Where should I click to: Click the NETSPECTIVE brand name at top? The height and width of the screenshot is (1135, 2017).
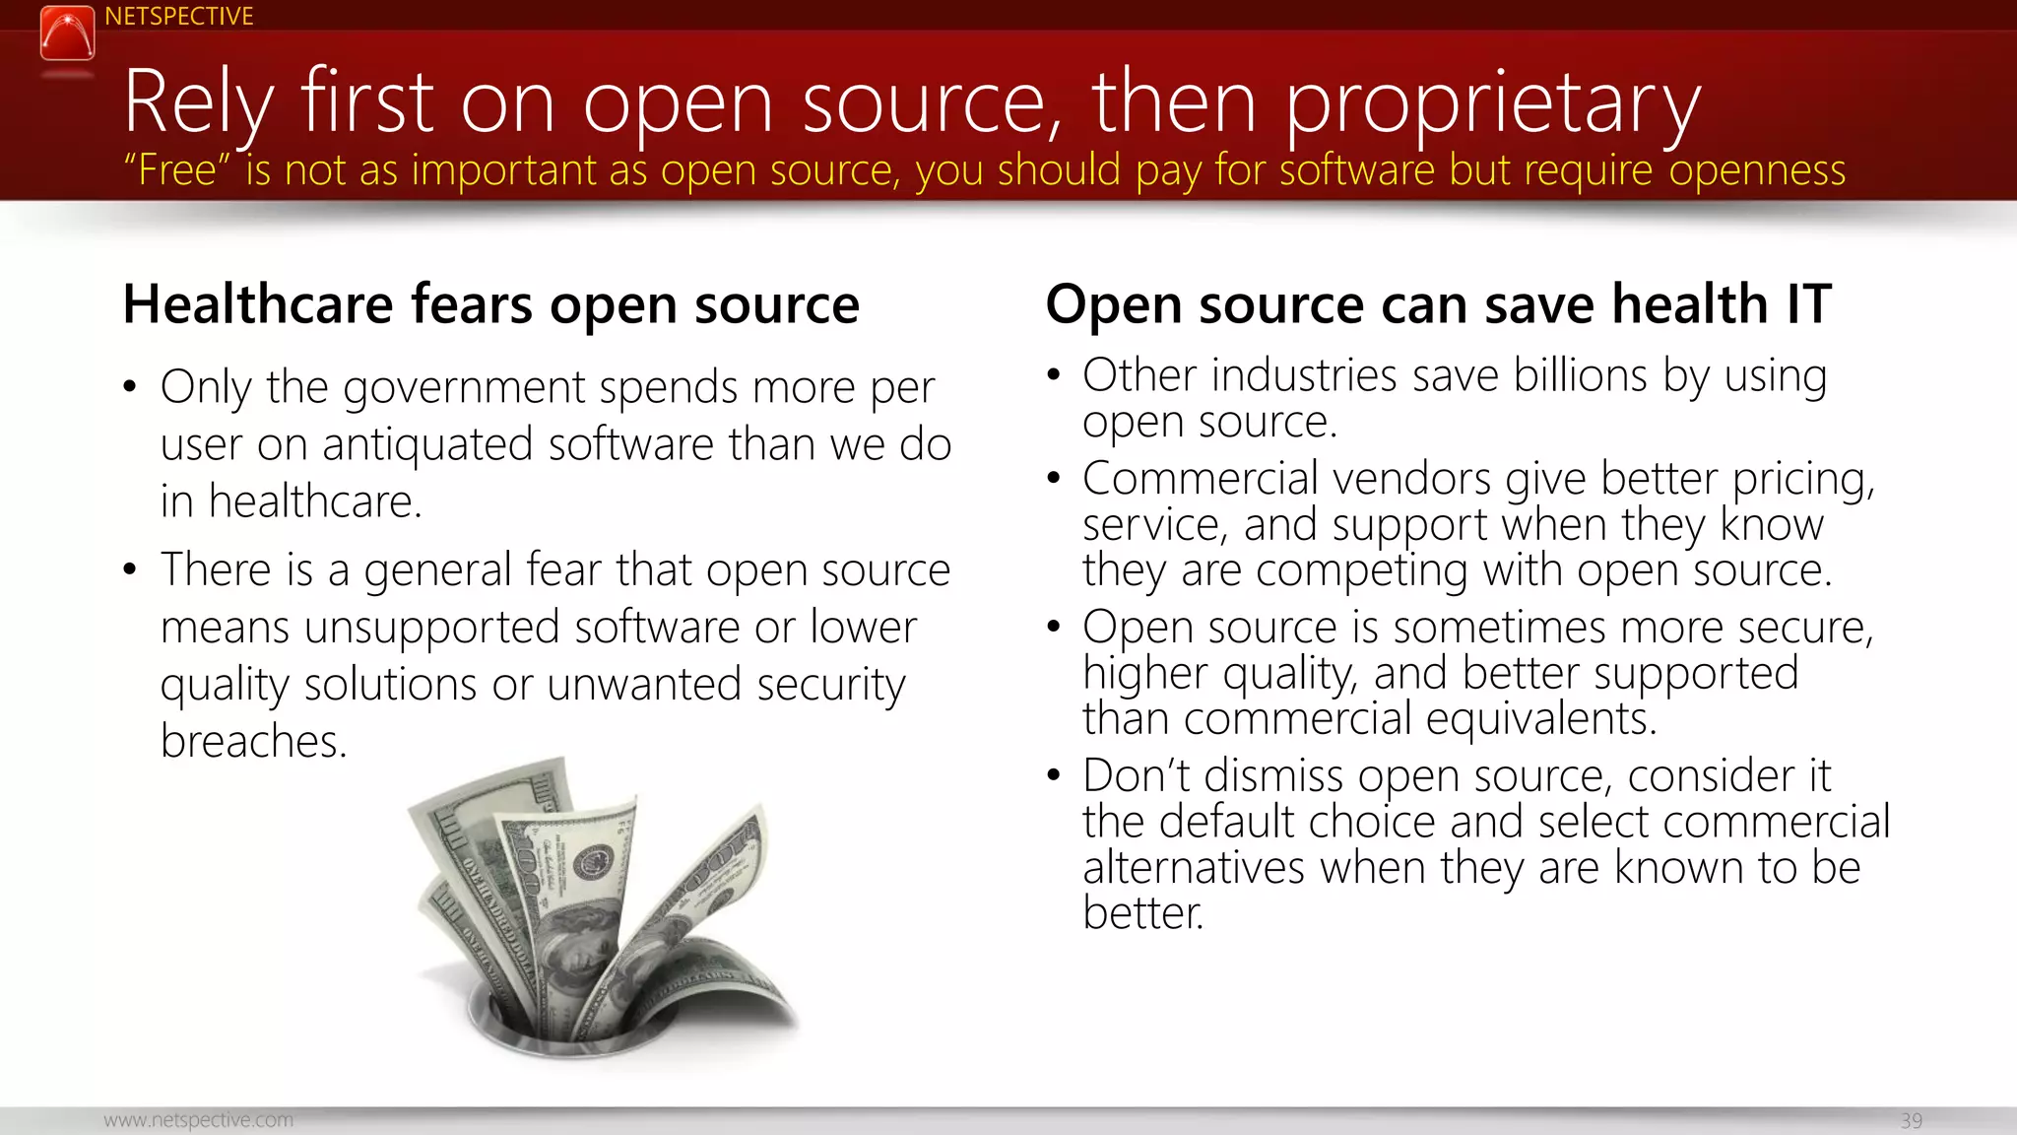point(178,17)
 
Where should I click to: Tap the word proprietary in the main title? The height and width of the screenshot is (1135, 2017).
point(1493,104)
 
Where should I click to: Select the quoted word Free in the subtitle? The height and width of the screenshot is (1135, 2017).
point(176,170)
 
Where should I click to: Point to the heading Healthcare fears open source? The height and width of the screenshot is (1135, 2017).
point(490,304)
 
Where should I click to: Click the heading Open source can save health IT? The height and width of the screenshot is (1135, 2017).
point(1438,304)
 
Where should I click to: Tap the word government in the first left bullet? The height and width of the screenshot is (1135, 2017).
point(464,388)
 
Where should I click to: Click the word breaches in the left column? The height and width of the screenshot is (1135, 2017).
point(253,742)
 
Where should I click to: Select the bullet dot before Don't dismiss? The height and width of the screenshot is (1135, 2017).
point(1054,775)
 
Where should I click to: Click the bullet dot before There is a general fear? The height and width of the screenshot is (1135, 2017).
point(130,569)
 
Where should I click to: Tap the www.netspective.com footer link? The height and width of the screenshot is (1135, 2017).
point(198,1120)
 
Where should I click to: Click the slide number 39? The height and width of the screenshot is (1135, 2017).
point(1911,1120)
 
